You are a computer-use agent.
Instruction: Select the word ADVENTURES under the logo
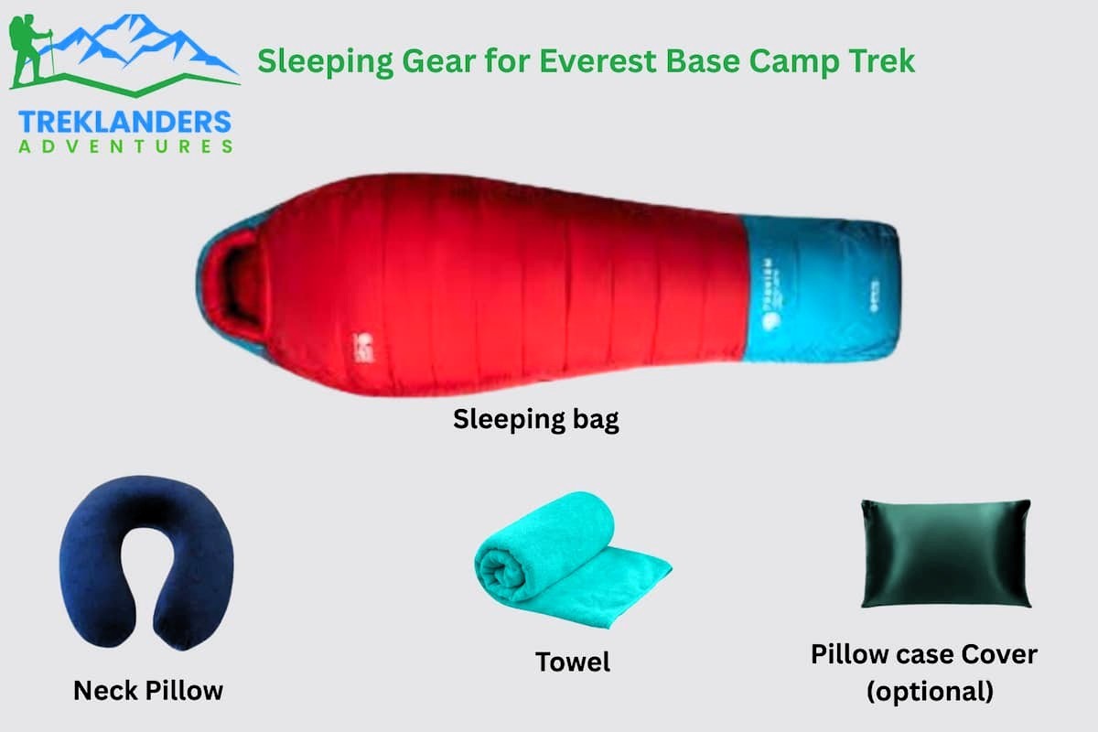coord(124,145)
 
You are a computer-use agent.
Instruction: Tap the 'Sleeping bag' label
coord(536,420)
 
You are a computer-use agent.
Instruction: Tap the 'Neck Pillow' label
coord(147,690)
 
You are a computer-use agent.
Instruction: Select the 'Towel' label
coord(573,661)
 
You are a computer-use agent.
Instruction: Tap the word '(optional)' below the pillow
coord(930,691)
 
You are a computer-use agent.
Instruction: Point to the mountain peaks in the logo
coord(137,41)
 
